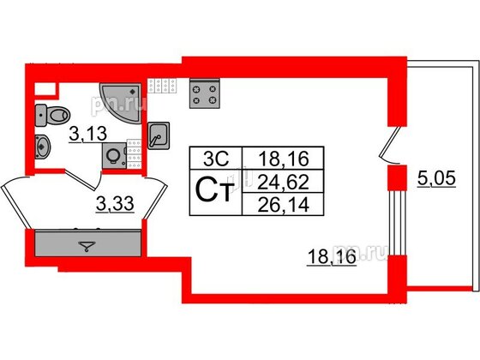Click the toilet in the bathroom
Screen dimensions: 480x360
(x=52, y=116)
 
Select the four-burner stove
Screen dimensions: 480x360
(x=205, y=93)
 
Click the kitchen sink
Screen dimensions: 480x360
(x=159, y=135)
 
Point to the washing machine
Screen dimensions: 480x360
(x=115, y=156)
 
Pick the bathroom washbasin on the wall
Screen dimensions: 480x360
(x=43, y=147)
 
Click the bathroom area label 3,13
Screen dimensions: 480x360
(x=87, y=134)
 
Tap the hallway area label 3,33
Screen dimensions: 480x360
(x=115, y=204)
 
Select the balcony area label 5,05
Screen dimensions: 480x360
(x=437, y=178)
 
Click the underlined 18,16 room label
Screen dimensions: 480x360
(x=332, y=256)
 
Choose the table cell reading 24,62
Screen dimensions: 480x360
(x=283, y=182)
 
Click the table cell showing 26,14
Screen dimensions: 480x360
(x=283, y=204)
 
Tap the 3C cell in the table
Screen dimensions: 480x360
(x=216, y=159)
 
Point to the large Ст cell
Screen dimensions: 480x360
(x=216, y=193)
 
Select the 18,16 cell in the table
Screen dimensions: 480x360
(x=283, y=159)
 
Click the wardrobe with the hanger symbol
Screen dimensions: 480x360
(x=87, y=243)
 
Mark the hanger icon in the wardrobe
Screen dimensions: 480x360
(x=87, y=246)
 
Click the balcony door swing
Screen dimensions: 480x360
(x=390, y=145)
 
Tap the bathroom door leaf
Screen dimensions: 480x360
(x=81, y=179)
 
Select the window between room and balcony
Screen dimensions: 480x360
(x=398, y=223)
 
